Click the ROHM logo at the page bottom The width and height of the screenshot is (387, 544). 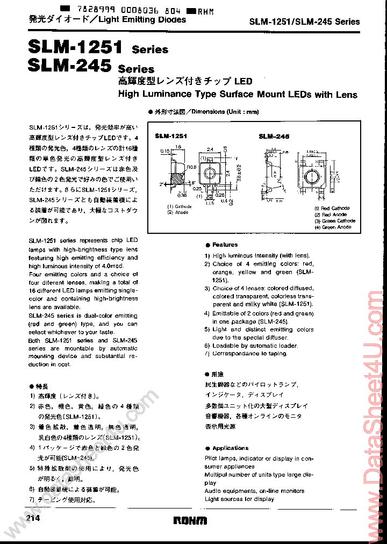190,520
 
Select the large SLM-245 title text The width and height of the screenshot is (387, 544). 67,66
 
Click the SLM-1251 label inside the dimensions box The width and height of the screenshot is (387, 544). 170,137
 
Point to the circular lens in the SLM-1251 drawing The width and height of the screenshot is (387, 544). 210,173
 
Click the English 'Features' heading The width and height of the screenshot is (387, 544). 225,245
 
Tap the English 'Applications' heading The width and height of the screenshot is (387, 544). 230,448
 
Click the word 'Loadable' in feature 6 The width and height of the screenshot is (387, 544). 226,346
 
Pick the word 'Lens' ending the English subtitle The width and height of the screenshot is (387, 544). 346,95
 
